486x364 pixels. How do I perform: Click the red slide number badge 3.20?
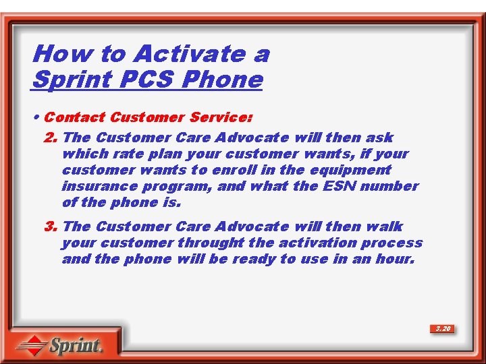click(443, 329)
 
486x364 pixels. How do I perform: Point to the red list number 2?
click(50, 138)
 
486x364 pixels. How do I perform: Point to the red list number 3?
click(50, 226)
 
